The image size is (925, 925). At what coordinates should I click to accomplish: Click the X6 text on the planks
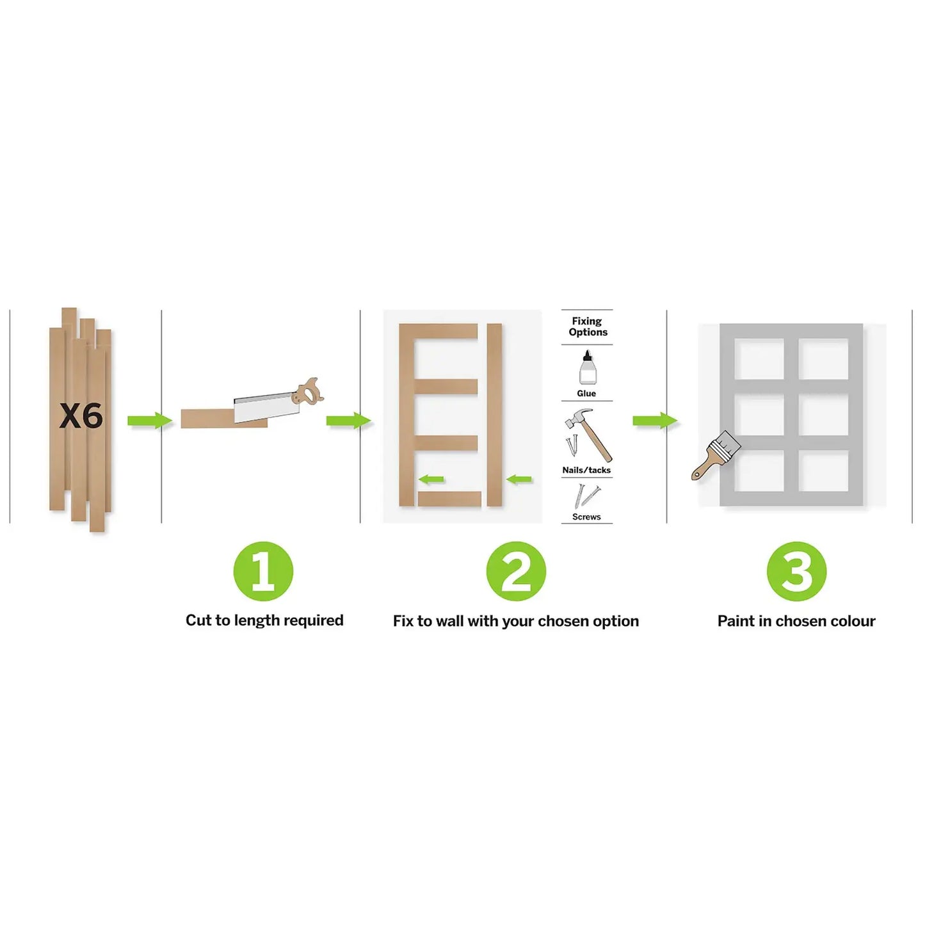(81, 415)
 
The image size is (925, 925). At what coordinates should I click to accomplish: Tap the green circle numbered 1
(263, 571)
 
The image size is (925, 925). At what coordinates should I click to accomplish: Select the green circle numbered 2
(515, 571)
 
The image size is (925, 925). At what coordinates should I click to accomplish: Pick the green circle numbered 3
(796, 571)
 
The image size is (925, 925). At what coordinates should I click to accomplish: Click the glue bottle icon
(586, 367)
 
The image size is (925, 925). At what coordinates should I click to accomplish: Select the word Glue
(586, 393)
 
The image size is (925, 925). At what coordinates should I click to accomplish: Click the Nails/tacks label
(586, 470)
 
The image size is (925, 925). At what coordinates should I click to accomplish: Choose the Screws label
(586, 517)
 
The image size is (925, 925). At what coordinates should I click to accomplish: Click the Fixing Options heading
(588, 326)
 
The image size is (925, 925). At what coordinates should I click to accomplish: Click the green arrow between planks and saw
(150, 421)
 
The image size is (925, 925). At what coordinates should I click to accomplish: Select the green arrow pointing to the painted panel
(655, 421)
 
